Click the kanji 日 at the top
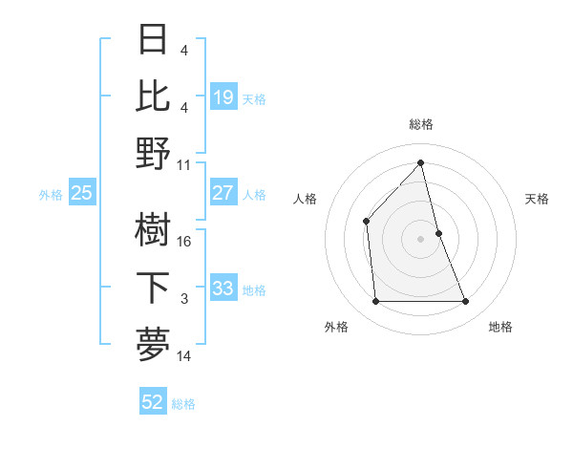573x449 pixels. click(154, 40)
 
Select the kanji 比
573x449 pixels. click(154, 96)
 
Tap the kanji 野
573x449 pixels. click(154, 153)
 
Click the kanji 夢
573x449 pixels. click(154, 345)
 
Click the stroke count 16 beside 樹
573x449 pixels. click(184, 242)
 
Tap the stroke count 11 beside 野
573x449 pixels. click(184, 164)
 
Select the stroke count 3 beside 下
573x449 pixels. click(184, 299)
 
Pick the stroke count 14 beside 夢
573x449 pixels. click(184, 356)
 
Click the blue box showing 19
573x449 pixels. click(223, 96)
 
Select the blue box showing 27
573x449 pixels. click(223, 193)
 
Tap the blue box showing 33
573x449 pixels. click(223, 289)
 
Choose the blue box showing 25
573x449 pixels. click(81, 193)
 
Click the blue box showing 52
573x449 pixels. click(152, 402)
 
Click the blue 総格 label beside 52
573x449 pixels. click(183, 404)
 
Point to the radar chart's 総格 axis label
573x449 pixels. click(420, 124)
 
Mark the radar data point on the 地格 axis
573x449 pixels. click(466, 302)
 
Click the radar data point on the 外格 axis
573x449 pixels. click(375, 302)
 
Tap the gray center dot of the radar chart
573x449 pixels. click(420, 239)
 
